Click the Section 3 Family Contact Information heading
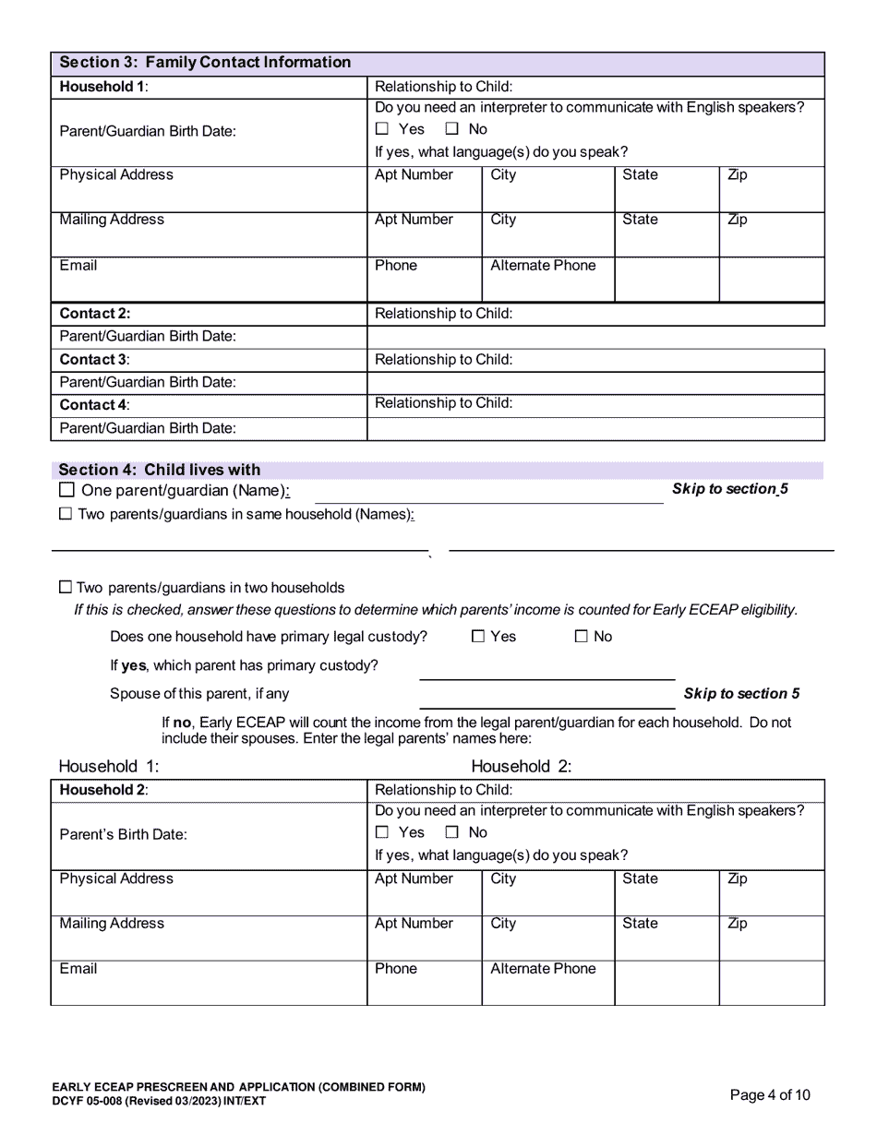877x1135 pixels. point(205,63)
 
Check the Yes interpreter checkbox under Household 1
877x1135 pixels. point(382,129)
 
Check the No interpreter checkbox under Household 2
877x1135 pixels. point(452,832)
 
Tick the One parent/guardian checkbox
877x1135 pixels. point(66,490)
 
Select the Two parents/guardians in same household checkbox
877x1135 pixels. point(66,514)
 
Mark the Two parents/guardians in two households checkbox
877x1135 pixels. point(66,587)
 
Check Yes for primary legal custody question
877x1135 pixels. point(478,636)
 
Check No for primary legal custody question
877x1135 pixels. point(582,636)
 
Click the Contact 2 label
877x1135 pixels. point(95,314)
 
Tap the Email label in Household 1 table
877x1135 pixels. point(78,266)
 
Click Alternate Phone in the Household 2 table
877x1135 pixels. point(543,969)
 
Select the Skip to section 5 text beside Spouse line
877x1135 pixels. point(741,694)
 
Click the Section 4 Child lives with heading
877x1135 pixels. point(160,470)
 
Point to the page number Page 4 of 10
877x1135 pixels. point(770,1095)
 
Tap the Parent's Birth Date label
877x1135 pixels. point(123,834)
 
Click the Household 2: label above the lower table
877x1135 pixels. point(522,766)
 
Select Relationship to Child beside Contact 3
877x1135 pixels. point(443,360)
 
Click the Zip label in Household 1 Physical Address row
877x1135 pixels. point(738,175)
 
